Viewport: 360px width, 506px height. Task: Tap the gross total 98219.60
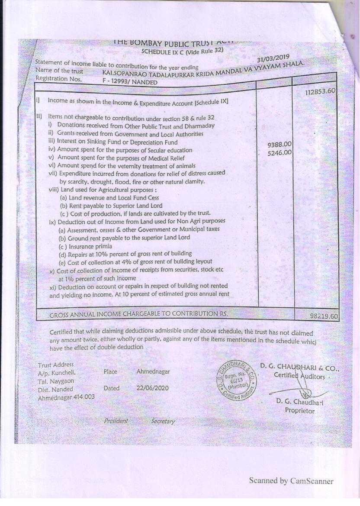click(324, 316)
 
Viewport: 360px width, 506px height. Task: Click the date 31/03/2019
click(273, 58)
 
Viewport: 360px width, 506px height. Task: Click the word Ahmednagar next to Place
click(153, 371)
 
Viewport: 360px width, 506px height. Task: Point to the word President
click(116, 421)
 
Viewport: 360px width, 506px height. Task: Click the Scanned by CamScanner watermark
click(291, 480)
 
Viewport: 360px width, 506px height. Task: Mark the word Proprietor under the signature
click(299, 411)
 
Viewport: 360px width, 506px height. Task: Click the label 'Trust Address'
click(56, 365)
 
